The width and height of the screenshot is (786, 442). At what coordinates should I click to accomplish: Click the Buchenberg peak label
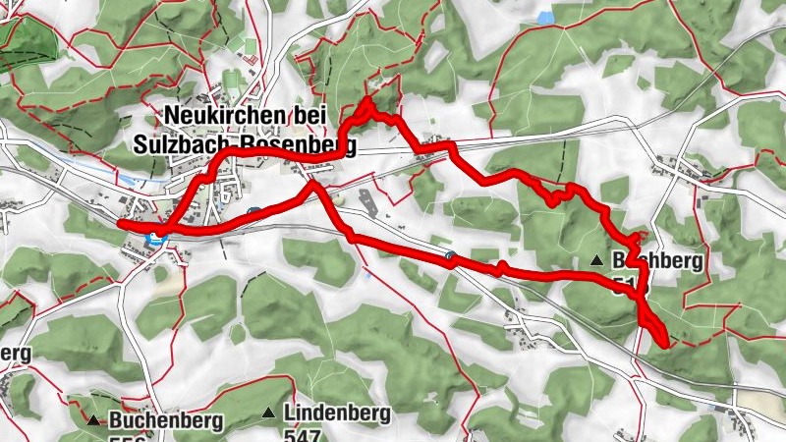pyautogui.click(x=166, y=420)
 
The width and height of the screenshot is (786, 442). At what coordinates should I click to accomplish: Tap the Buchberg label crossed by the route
pyautogui.click(x=658, y=261)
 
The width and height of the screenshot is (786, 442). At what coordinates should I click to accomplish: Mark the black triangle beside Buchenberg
pyautogui.click(x=93, y=420)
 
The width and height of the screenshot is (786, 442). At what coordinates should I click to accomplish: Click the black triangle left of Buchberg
pyautogui.click(x=597, y=260)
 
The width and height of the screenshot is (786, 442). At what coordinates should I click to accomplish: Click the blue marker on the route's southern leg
pyautogui.click(x=450, y=256)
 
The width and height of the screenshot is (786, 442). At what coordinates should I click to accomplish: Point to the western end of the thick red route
pyautogui.click(x=120, y=224)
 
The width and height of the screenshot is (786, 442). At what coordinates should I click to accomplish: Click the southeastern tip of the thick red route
pyautogui.click(x=667, y=345)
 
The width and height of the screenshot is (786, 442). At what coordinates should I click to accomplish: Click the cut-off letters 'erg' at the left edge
pyautogui.click(x=14, y=353)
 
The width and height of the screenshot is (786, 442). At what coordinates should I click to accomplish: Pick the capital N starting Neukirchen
pyautogui.click(x=176, y=115)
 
